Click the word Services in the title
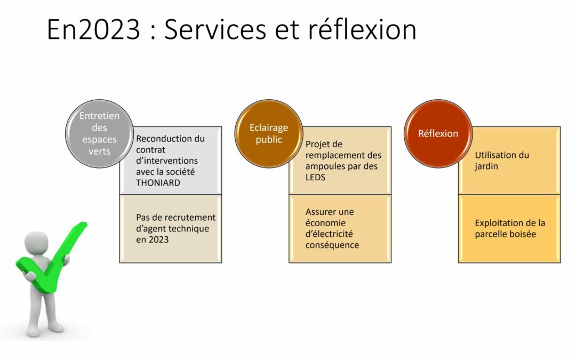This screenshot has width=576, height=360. [215, 29]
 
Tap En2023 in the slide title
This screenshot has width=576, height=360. [93, 29]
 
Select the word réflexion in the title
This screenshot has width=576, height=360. [362, 29]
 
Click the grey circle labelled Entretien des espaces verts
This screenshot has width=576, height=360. [99, 133]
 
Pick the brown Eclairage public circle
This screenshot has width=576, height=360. [269, 133]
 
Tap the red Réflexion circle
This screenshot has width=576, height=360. [438, 133]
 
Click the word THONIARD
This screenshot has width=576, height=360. [158, 182]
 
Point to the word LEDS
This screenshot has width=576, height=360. [315, 177]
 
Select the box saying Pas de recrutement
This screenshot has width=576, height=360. [171, 228]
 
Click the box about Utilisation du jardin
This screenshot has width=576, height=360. [509, 161]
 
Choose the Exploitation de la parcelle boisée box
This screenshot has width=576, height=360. [509, 228]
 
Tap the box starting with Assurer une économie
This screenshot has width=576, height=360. [340, 228]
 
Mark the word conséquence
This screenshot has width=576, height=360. [332, 245]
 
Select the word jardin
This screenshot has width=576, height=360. [486, 166]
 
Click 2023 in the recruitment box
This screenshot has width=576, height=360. [159, 239]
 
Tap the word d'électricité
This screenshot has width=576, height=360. [329, 234]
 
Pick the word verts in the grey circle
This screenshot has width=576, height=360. [99, 151]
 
